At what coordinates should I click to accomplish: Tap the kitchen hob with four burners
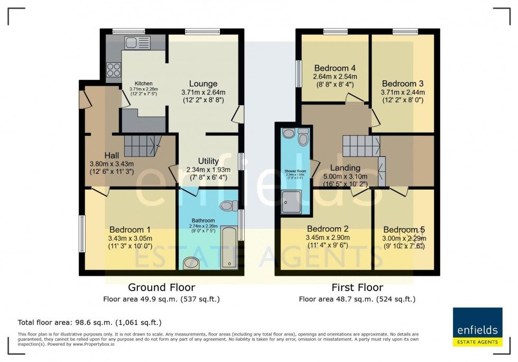tap(114, 70)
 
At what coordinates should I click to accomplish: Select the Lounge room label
tap(203, 83)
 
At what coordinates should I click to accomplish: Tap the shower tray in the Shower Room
tap(290, 201)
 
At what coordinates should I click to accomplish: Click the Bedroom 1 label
tap(130, 229)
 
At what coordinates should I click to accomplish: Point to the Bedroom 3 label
tap(403, 83)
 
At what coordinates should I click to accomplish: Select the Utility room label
tap(209, 161)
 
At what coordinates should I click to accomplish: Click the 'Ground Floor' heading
tap(161, 287)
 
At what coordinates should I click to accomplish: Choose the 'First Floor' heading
tap(357, 287)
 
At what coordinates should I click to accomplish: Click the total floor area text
tap(89, 322)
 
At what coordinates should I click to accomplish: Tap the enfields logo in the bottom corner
tap(477, 327)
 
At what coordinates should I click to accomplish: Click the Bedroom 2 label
tap(328, 228)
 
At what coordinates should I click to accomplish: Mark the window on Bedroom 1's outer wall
tap(82, 233)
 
